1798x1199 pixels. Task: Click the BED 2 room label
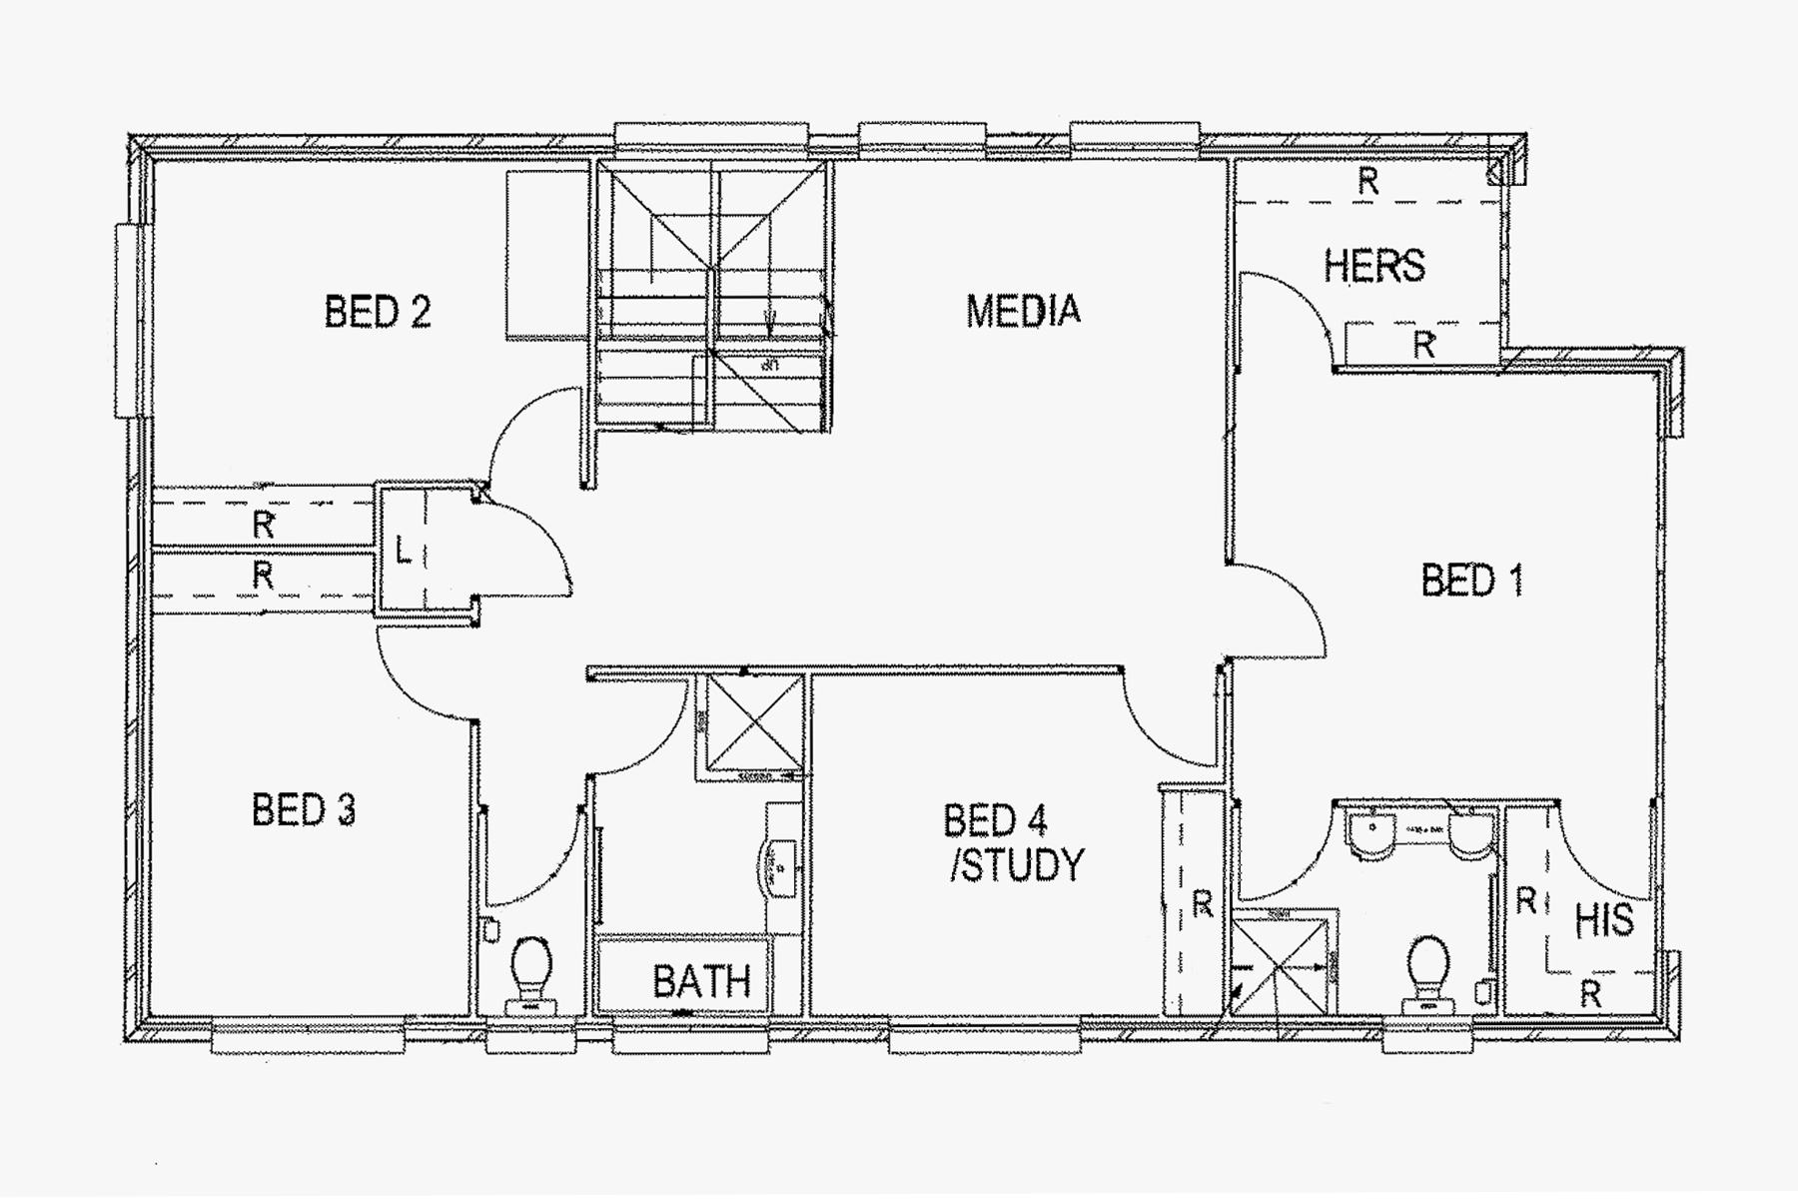pos(378,312)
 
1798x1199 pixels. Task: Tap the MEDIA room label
pos(1023,311)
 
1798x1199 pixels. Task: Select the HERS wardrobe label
pos(1373,266)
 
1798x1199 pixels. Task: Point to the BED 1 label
pos(1471,581)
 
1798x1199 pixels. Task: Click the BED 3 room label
pos(304,809)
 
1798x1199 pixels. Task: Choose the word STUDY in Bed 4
pos(1018,865)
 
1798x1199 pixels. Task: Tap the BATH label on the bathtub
pos(701,981)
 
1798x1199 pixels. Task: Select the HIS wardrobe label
pos(1604,920)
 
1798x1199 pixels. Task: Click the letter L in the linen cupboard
pos(403,550)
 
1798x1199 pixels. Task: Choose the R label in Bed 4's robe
pos(1202,904)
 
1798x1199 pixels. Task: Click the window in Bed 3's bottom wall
pos(308,1035)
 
